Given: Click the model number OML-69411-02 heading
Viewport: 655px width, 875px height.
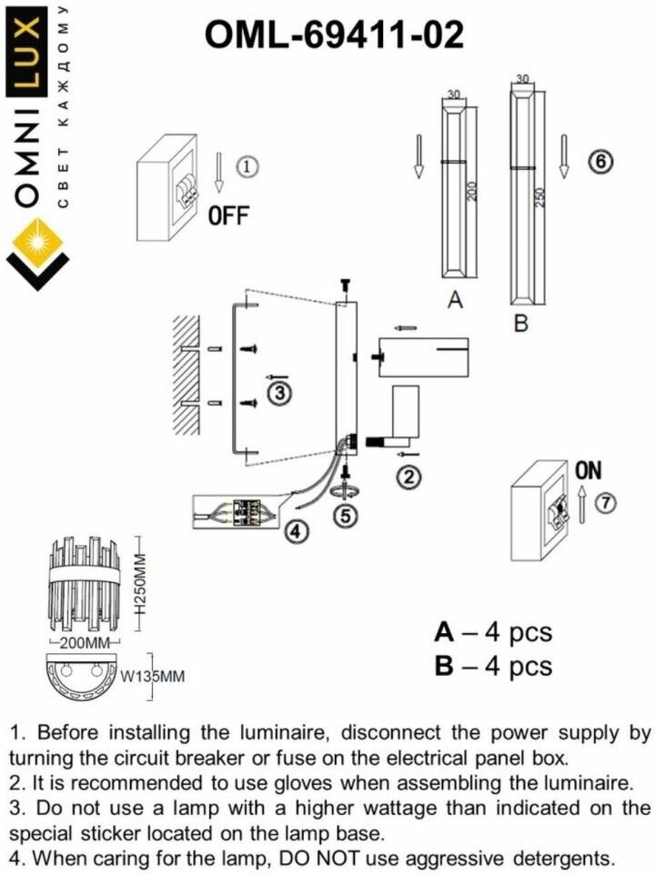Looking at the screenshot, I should pos(334,35).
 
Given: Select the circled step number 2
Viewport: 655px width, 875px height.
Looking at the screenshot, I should pos(409,475).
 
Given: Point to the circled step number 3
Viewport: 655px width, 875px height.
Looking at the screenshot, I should pos(279,393).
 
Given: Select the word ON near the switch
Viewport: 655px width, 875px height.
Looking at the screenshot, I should pos(589,470).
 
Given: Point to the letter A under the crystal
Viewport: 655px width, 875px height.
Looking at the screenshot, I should pos(456,301).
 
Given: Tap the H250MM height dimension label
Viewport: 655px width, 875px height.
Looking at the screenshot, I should pos(140,590).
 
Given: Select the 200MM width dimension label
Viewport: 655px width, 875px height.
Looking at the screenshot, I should pos(85,643).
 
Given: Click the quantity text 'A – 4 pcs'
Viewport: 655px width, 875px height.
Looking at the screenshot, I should pos(493,632).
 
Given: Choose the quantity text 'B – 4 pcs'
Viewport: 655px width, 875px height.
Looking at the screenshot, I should pos(493,666).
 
